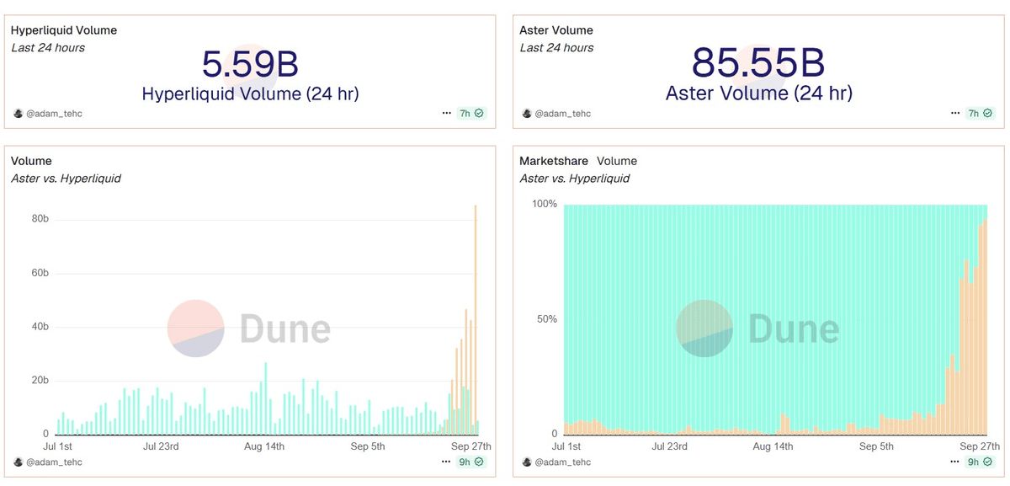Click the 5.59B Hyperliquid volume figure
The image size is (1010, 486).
point(250,65)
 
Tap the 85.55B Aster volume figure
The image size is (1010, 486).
point(758,63)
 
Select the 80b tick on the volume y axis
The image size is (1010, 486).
point(40,219)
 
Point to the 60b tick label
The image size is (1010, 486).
point(40,273)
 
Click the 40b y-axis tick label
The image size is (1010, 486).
point(40,327)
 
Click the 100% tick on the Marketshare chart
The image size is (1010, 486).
point(543,204)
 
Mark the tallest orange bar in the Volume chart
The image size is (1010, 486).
point(476,320)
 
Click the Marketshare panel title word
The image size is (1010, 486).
point(554,161)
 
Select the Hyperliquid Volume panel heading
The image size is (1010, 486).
point(64,30)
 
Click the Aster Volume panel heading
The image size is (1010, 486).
point(556,30)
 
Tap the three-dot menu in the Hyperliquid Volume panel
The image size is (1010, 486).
point(447,113)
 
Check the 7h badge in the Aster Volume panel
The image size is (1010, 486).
point(979,113)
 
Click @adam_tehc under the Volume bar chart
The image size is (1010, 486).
point(54,462)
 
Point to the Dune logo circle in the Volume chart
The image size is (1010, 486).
point(195,328)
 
